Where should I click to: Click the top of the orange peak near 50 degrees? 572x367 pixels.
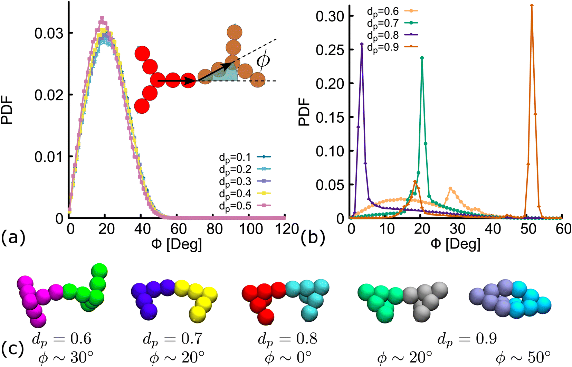click(532, 5)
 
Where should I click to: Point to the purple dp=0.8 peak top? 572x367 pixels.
click(362, 44)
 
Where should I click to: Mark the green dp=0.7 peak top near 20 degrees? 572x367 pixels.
click(422, 58)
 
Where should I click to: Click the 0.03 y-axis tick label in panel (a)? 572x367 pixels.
click(49, 33)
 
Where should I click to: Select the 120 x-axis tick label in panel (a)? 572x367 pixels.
click(285, 229)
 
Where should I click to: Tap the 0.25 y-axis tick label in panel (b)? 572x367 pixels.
click(330, 50)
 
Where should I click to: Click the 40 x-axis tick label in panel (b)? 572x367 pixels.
click(493, 229)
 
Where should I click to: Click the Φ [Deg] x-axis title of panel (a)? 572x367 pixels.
click(177, 244)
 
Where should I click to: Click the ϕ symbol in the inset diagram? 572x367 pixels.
click(263, 60)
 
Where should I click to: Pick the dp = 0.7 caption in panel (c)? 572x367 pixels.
click(173, 339)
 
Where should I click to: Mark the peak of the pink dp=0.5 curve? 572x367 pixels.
click(102, 18)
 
